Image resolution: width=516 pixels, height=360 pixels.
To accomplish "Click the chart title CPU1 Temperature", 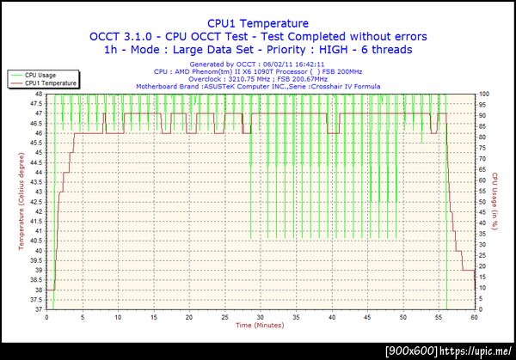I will click(259, 24).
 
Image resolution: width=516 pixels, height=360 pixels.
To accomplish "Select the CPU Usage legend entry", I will click(41, 76).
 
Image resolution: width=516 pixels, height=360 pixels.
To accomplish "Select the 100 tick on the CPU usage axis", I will click(483, 94).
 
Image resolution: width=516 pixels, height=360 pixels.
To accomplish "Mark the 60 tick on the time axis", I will click(475, 317).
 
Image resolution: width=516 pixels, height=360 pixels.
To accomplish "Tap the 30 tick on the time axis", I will click(261, 317).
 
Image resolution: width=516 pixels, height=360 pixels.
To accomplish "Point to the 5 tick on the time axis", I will click(83, 317).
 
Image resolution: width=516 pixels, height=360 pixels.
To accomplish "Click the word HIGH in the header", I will click(340, 50).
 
